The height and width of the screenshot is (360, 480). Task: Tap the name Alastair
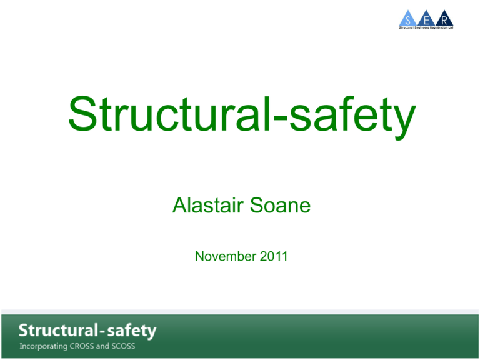click(x=208, y=205)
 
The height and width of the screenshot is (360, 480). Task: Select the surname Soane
click(x=280, y=205)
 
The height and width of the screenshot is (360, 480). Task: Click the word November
click(x=226, y=256)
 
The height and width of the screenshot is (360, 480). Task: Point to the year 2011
click(x=274, y=256)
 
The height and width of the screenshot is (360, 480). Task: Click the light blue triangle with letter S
click(x=408, y=18)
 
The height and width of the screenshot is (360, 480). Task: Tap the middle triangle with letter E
click(x=426, y=18)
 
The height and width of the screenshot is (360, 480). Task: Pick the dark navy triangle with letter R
click(x=444, y=18)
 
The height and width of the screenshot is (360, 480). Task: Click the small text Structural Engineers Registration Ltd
click(x=426, y=28)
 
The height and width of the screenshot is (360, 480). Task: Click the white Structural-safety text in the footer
click(x=87, y=331)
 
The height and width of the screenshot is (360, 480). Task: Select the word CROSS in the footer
click(x=82, y=346)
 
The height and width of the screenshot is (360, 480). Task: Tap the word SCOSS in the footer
click(x=123, y=346)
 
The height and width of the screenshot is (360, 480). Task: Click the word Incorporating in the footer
click(x=44, y=346)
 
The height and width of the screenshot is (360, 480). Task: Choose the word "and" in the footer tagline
click(x=102, y=346)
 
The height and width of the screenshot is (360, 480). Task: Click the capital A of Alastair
click(x=180, y=205)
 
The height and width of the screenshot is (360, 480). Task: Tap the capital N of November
click(x=200, y=256)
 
